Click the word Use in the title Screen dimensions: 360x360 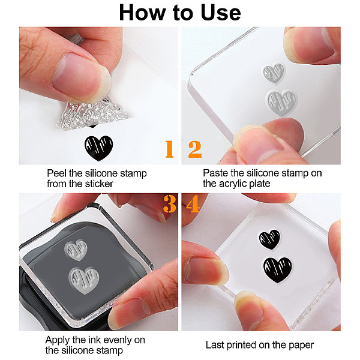click(x=220, y=13)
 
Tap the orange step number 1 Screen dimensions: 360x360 click(x=169, y=149)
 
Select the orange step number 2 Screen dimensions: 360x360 click(x=195, y=149)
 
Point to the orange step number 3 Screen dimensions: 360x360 click(x=170, y=204)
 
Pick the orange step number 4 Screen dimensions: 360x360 click(x=193, y=204)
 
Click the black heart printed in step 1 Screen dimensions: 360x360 click(x=99, y=148)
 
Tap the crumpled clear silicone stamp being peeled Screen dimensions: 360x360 click(x=94, y=114)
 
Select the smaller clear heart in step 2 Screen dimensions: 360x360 click(x=274, y=73)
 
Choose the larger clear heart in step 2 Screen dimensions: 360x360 click(x=282, y=103)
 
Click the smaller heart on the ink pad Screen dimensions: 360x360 click(x=76, y=250)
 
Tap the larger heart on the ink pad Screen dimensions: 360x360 click(x=84, y=280)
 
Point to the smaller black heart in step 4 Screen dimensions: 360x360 click(x=270, y=239)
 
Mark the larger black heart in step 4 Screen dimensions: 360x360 click(x=278, y=270)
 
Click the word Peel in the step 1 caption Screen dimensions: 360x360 click(x=56, y=173)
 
